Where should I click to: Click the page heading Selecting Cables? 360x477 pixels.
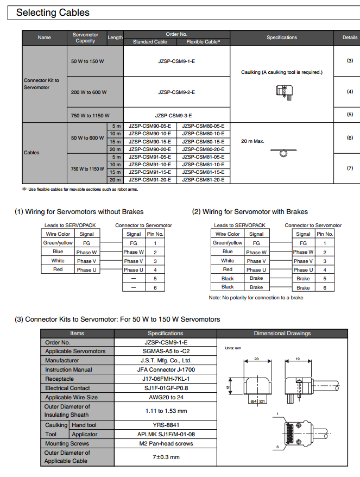53,12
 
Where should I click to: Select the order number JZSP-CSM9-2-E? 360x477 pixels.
176,92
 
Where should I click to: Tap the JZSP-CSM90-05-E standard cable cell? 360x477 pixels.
150,126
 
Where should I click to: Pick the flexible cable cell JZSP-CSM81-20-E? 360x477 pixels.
203,180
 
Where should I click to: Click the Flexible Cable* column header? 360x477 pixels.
203,41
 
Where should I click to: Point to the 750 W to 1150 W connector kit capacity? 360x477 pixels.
90,115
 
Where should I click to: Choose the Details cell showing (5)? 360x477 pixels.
350,115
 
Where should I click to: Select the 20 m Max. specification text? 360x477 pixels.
252,141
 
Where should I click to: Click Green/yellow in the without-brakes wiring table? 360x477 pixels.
58,243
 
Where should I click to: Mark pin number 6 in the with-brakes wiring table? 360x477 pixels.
325,287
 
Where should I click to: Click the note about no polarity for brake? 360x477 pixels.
256,298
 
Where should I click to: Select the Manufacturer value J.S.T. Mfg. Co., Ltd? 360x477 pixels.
166,360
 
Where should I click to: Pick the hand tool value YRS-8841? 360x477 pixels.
166,425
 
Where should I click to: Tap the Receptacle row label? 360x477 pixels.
60,379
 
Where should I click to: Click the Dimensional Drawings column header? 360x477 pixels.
282,333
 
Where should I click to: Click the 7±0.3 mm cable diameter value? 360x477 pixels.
166,457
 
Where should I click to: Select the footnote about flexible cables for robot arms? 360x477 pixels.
80,189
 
